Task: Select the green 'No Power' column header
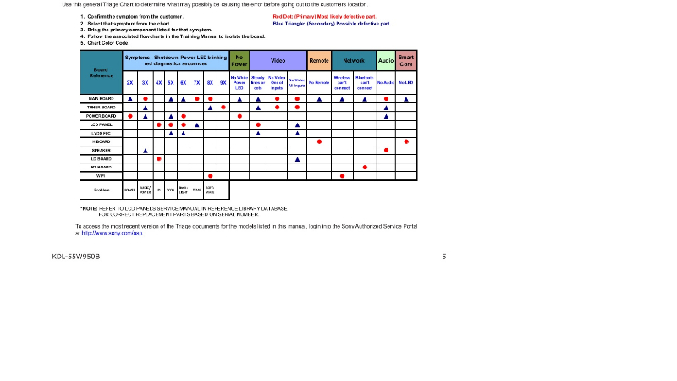tap(239, 61)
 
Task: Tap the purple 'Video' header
tap(278, 61)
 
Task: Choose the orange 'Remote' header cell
tap(319, 61)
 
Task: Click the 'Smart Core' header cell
tap(406, 61)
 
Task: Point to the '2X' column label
tap(129, 83)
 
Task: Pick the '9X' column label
tap(223, 83)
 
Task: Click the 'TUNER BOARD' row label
tap(101, 108)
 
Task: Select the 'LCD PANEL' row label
tap(101, 124)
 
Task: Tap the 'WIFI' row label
tap(101, 175)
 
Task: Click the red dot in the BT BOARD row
tap(365, 167)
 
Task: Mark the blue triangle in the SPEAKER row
tap(146, 150)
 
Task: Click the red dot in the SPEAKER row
tap(386, 150)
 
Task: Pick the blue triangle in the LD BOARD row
tap(297, 158)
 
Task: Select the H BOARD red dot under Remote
tap(319, 141)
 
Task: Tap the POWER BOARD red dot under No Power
tap(239, 116)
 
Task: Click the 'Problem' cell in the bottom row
tap(101, 190)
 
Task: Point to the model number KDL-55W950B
tap(76, 256)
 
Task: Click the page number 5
tap(443, 256)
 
